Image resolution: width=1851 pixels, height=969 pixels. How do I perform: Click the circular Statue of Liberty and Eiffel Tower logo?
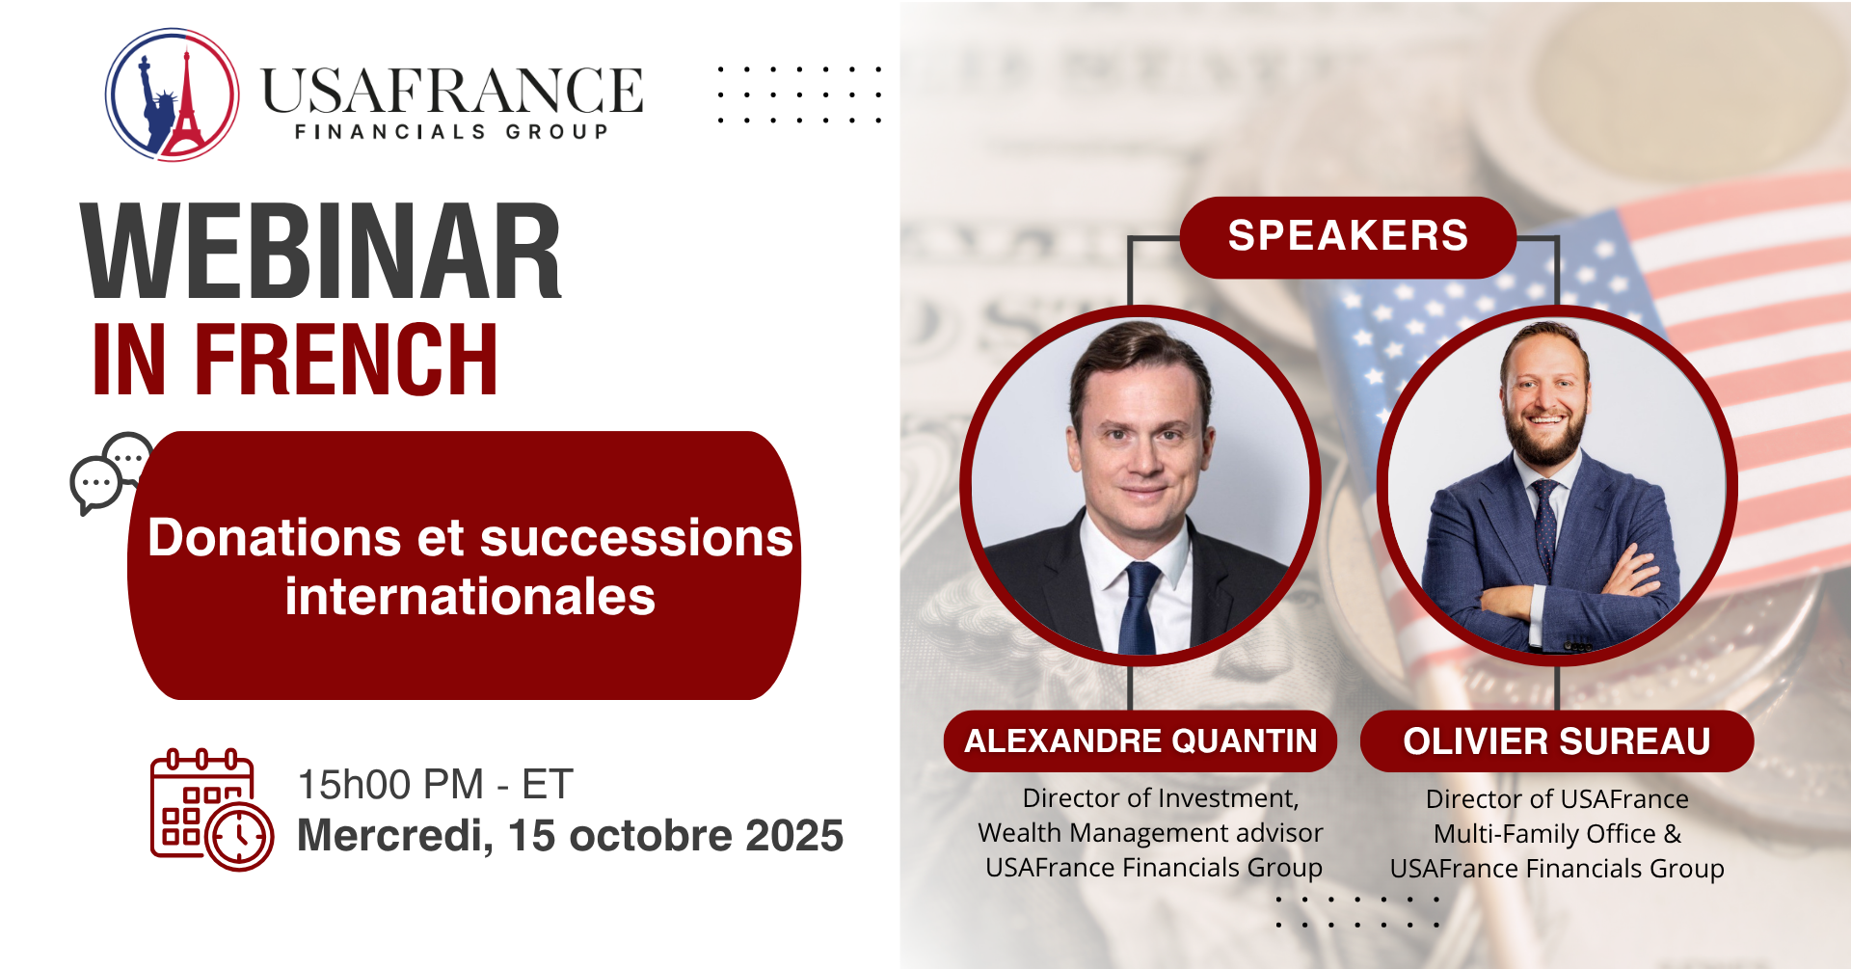pos(173,94)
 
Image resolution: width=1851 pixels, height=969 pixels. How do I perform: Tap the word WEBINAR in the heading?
pos(321,253)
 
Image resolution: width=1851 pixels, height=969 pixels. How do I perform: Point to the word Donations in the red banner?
pos(274,537)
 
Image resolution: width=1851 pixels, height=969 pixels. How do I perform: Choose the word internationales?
pos(470,596)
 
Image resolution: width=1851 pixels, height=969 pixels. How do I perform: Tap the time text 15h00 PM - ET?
pos(435,785)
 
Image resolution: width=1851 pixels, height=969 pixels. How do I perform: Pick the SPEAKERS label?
pos(1348,236)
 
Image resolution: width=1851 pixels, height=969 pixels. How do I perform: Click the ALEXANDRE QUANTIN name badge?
pos(1140,740)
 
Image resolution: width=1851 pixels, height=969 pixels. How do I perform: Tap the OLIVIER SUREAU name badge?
pos(1557,741)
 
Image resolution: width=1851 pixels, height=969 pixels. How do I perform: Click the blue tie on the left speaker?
pos(1139,607)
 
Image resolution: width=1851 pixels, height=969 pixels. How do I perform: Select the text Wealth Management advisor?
pos(1150,832)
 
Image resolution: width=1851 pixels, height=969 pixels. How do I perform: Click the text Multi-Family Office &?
pos(1557,833)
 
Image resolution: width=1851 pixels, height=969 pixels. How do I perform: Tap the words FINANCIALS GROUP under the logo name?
pos(452,131)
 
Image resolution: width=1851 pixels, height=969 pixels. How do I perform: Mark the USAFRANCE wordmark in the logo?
pos(452,91)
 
